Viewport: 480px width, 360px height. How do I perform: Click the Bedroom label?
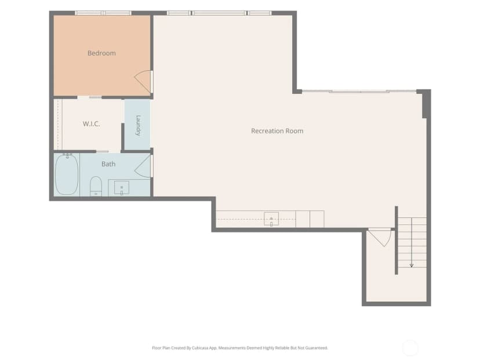click(x=101, y=53)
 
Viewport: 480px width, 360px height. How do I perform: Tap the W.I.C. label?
click(x=91, y=124)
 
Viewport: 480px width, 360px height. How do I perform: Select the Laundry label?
click(x=138, y=125)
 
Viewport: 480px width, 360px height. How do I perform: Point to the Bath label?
click(x=108, y=164)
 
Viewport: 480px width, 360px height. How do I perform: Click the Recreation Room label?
click(x=277, y=131)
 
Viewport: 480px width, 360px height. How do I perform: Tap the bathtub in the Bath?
click(x=67, y=174)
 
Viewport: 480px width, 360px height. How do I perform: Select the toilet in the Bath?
click(x=96, y=186)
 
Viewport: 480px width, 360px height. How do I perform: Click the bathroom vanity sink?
click(x=122, y=188)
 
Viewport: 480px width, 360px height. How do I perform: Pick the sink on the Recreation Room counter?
click(x=271, y=219)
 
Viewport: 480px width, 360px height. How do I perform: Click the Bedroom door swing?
click(x=143, y=81)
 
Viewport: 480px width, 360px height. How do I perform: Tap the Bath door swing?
click(x=143, y=166)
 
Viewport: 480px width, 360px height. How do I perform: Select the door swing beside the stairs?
click(x=380, y=237)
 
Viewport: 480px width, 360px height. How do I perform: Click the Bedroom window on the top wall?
click(x=103, y=13)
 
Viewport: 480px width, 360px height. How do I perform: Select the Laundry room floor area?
click(x=137, y=125)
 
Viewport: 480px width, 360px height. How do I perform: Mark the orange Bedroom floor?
click(x=102, y=56)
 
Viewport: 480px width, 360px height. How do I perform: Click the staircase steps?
click(x=412, y=242)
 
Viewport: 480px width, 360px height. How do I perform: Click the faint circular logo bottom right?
click(x=410, y=348)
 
